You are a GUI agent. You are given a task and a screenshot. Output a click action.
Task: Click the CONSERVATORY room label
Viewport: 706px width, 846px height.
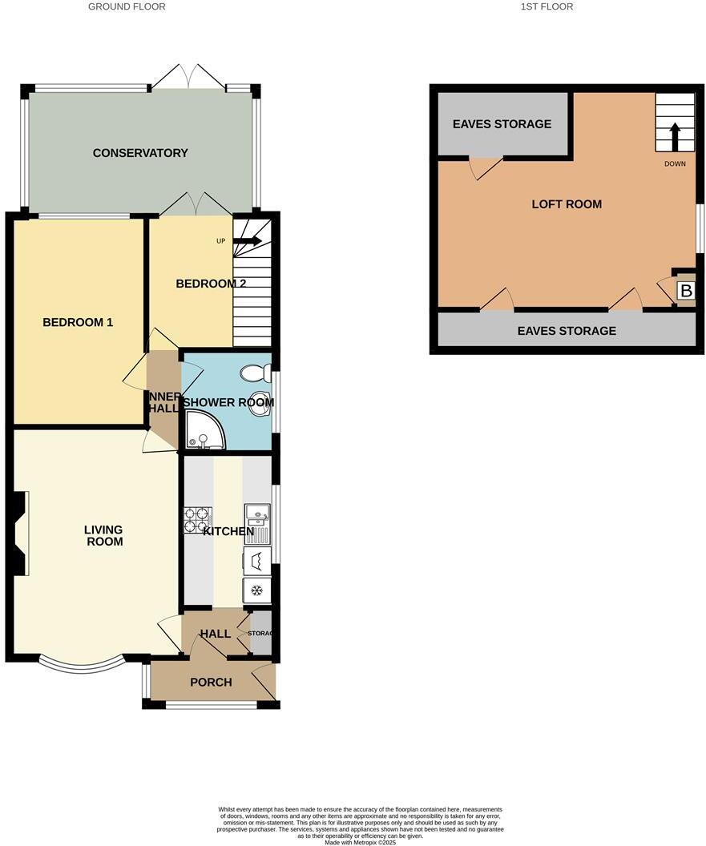(140, 153)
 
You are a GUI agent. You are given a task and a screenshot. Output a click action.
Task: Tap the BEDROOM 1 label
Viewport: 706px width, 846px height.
(78, 322)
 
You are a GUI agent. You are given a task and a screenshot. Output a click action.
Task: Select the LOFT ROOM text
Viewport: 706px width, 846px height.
(567, 204)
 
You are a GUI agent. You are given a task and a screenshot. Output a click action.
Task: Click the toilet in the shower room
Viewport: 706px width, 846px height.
(252, 373)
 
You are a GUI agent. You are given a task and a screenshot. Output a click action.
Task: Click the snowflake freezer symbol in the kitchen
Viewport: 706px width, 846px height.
(256, 591)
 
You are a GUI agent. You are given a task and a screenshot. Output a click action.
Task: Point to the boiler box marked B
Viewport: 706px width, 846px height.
(685, 291)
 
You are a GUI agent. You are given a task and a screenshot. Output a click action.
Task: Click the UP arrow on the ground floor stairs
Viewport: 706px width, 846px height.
(247, 240)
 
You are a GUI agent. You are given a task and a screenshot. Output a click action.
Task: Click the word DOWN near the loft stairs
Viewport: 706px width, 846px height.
(675, 164)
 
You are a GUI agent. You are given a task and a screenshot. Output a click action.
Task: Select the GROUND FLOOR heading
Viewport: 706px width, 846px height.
(127, 6)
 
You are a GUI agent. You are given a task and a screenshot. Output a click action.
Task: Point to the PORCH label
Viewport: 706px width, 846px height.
(211, 683)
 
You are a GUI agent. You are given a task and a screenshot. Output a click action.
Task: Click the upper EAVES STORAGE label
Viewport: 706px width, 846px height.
(502, 124)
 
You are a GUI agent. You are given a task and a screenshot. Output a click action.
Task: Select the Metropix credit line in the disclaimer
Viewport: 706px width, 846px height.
(360, 842)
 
